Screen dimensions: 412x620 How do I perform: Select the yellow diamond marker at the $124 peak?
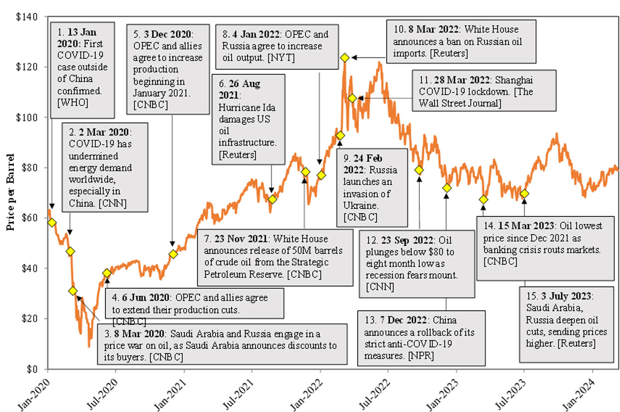pos(344,58)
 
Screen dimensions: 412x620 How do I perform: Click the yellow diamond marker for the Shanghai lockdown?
pos(352,98)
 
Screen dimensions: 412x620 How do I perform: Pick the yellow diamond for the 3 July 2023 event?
pos(524,193)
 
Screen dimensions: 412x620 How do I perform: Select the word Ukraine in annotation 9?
pos(358,205)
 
